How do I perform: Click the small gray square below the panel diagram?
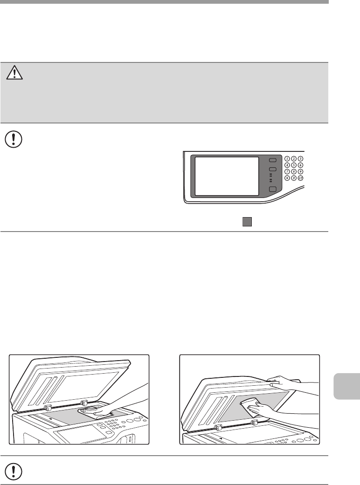tap(247, 222)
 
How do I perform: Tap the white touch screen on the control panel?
tap(226, 176)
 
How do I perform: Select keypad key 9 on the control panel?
tap(300, 171)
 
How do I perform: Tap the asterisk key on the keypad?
tap(286, 178)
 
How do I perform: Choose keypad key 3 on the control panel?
tap(300, 158)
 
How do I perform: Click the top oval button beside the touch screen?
tap(273, 159)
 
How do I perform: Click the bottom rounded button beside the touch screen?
tap(273, 190)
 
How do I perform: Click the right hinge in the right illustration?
tap(254, 423)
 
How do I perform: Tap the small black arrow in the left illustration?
tap(50, 419)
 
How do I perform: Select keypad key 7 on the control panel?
tap(286, 171)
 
